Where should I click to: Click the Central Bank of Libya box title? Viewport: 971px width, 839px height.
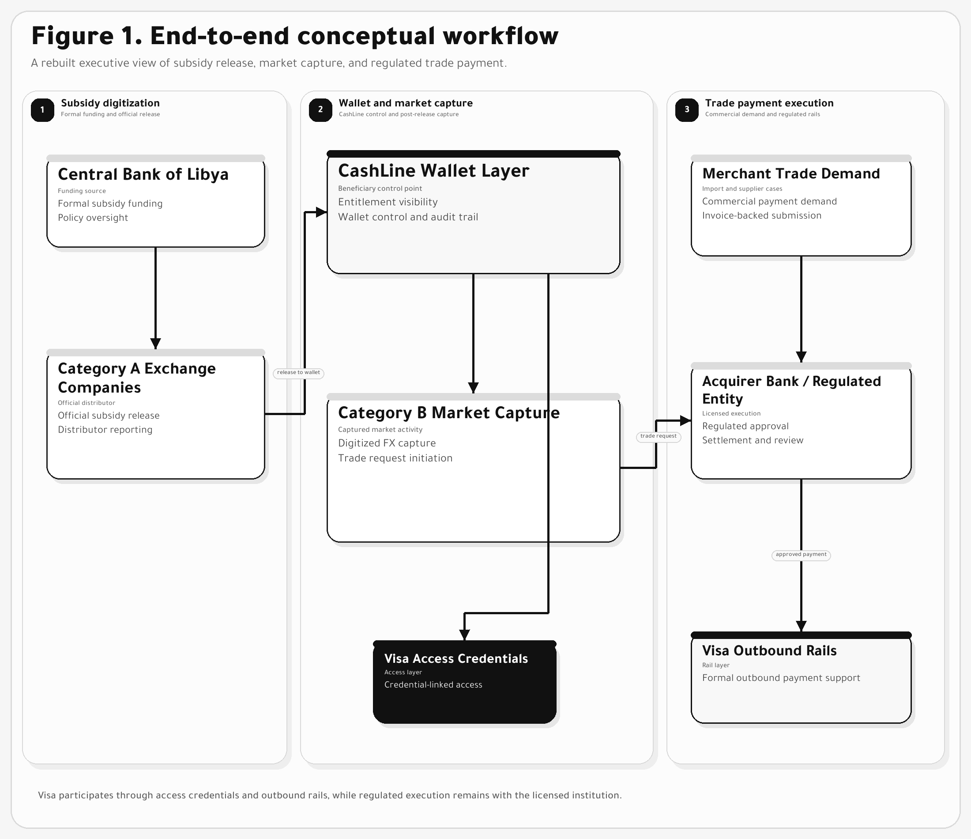pyautogui.click(x=143, y=174)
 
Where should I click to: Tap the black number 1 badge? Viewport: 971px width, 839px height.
pyautogui.click(x=43, y=110)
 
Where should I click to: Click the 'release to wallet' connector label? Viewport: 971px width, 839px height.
pyautogui.click(x=298, y=373)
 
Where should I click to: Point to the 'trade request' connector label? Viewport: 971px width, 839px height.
pyautogui.click(x=659, y=436)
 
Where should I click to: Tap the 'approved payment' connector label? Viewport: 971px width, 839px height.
pyautogui.click(x=801, y=555)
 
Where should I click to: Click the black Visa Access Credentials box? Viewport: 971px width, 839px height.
pyautogui.click(x=464, y=682)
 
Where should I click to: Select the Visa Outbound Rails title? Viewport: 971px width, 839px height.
pyautogui.click(x=769, y=651)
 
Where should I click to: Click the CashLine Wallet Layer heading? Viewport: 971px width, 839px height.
pyautogui.click(x=433, y=171)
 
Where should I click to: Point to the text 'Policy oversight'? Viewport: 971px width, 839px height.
pyautogui.click(x=93, y=218)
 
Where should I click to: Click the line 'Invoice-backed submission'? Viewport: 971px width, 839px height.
pyautogui.click(x=761, y=216)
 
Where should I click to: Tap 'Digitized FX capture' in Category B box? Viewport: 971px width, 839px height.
pyautogui.click(x=387, y=443)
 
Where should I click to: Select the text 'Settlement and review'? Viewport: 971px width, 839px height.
pyautogui.click(x=753, y=440)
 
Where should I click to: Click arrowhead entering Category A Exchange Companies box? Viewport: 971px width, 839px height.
pyautogui.click(x=156, y=343)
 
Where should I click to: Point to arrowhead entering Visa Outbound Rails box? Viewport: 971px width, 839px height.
pyautogui.click(x=802, y=626)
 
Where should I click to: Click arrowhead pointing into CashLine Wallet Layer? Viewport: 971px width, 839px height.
pyautogui.click(x=321, y=212)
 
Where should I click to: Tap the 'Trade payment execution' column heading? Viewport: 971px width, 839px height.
pyautogui.click(x=769, y=103)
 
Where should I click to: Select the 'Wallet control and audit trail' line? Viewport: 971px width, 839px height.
pyautogui.click(x=408, y=217)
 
